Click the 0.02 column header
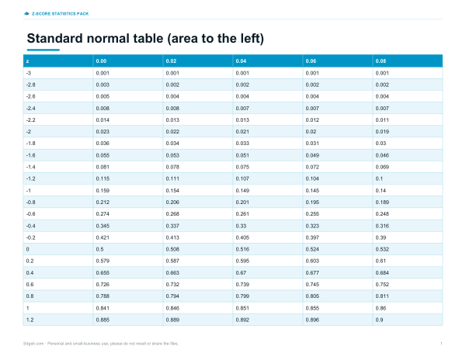171,61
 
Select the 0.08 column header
381,61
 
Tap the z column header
27,61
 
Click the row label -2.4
30,109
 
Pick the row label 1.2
30,320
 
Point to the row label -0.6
30,214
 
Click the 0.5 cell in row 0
99,249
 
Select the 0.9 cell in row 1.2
379,320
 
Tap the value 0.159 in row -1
103,191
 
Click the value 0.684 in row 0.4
382,273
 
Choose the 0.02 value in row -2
311,132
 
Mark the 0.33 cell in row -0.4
241,226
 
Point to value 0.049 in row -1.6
312,155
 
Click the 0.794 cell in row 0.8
172,296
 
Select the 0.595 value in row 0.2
242,261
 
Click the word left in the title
248,39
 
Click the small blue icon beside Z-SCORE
26,14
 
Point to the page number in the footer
441,344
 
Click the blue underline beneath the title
43,50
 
